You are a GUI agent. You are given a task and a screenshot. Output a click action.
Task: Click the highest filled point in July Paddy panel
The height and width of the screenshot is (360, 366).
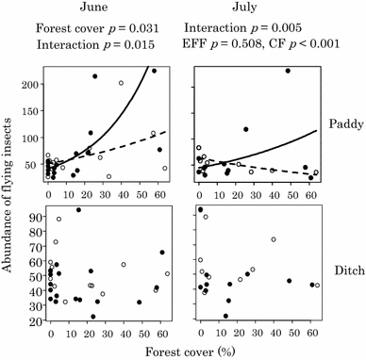[288, 71]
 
